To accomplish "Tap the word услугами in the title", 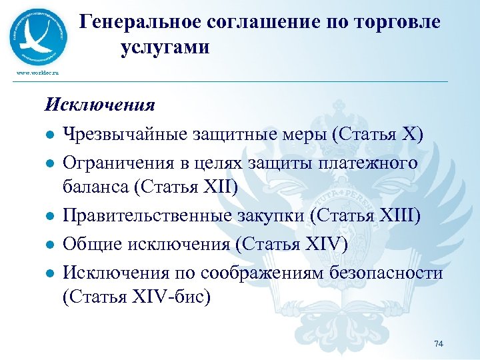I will pyautogui.click(x=165, y=47).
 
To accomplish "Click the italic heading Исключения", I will pyautogui.click(x=100, y=105).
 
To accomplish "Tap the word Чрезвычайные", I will pyautogui.click(x=125, y=133).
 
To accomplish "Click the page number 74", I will pyautogui.click(x=438, y=343).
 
